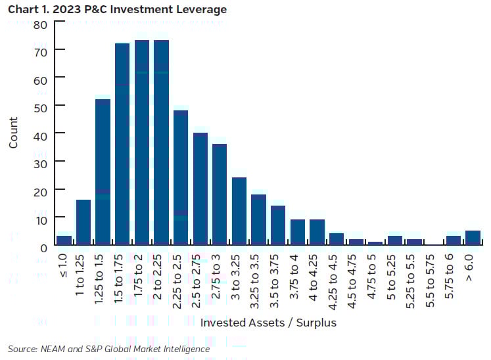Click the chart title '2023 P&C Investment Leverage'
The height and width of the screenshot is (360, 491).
point(142,10)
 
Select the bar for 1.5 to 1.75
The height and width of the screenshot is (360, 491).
point(122,144)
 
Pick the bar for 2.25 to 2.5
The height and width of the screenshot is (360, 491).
point(181,177)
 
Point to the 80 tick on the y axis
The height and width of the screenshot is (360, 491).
point(41,25)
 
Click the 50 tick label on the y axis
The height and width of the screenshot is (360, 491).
point(41,106)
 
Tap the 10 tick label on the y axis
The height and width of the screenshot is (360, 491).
point(41,217)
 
